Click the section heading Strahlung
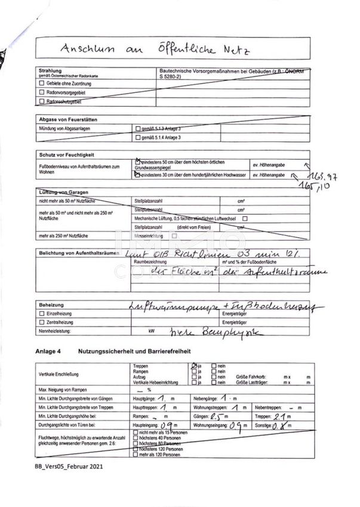pos(50,70)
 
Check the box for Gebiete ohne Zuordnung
pos(41,84)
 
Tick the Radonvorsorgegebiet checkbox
pos(41,93)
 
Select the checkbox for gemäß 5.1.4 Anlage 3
pos(137,138)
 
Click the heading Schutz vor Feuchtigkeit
pos(66,154)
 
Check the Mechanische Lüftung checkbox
pos(245,218)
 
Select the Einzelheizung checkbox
pos(41,313)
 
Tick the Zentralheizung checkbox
pos(41,321)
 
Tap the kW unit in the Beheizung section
pos(152,330)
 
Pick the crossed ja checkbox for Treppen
pos(194,365)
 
